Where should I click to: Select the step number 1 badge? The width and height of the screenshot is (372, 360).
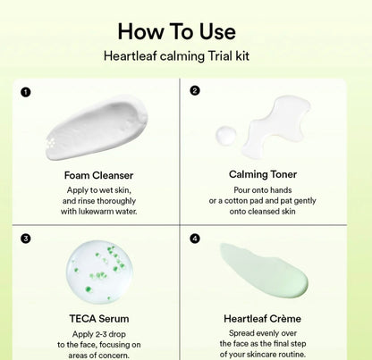(26, 91)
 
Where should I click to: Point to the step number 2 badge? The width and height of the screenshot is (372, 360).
(195, 90)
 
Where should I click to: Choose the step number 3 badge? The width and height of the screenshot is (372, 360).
(26, 239)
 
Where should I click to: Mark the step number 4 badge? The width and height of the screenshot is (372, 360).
(195, 239)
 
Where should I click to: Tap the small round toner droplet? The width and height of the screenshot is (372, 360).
(226, 135)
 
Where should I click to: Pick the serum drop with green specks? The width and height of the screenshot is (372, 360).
(99, 269)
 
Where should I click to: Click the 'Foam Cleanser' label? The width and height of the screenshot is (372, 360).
(99, 175)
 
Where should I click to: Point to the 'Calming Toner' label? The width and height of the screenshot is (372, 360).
(263, 175)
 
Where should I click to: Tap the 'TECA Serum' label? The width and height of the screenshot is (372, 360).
(99, 318)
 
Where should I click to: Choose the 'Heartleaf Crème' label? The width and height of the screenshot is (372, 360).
(263, 318)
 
